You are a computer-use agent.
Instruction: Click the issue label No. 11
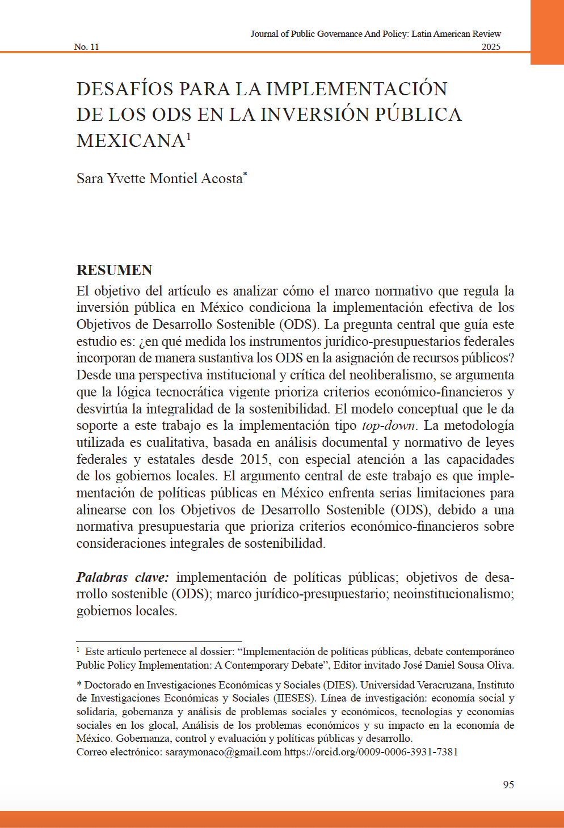tap(86, 47)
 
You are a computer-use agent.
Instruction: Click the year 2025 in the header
tap(491, 47)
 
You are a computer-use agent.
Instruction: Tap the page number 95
tap(508, 784)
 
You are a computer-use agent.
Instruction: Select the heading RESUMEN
tap(115, 270)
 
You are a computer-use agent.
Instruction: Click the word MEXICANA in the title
tap(131, 141)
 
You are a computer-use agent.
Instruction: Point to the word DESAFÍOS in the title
tap(125, 89)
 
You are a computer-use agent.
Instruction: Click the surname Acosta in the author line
tap(222, 179)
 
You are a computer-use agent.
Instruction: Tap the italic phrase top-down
tap(389, 426)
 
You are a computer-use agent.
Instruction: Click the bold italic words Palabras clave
tap(123, 577)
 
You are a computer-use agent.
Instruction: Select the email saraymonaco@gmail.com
tap(223, 752)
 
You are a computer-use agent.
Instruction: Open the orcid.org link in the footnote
tap(371, 752)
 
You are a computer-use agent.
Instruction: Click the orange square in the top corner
tap(547, 32)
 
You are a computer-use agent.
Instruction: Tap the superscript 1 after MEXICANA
tap(188, 136)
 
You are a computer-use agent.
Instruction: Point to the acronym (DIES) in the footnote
tap(339, 685)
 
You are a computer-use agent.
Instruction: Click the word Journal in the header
tap(265, 34)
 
